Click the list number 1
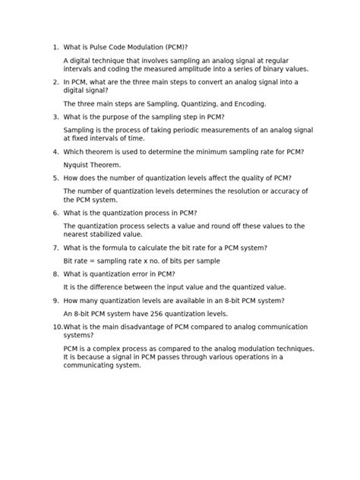coord(55,46)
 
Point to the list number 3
coord(55,117)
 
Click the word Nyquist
coord(78,164)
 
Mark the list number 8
coord(55,273)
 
